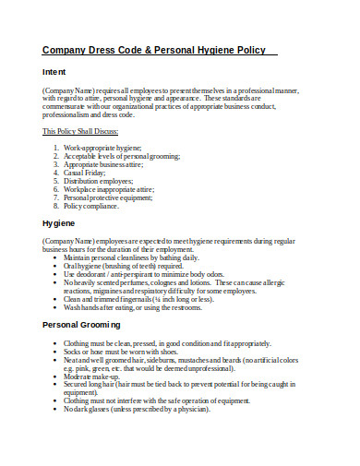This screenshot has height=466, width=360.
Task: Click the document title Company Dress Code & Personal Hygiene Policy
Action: [154, 50]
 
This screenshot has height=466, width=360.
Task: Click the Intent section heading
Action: [54, 71]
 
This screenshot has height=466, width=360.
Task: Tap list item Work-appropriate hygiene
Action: [103, 148]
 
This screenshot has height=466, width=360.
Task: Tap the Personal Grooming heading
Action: [80, 326]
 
